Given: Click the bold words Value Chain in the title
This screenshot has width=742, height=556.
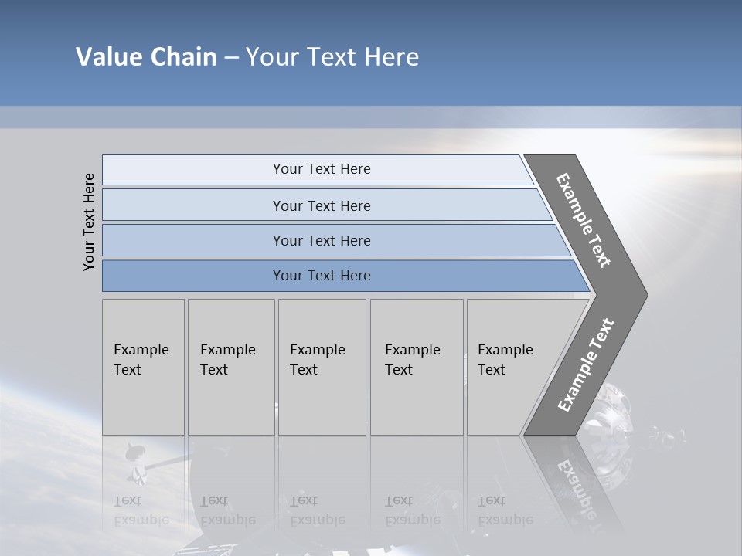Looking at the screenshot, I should [x=146, y=57].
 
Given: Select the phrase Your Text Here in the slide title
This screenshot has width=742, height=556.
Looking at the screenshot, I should [x=332, y=57].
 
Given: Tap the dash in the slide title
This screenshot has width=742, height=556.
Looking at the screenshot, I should [x=231, y=58].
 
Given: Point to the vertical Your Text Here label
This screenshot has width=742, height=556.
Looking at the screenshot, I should [x=89, y=222].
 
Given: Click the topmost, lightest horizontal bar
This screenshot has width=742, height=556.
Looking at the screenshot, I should [x=317, y=169].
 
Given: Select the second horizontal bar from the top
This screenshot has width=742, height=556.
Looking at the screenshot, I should [x=325, y=205].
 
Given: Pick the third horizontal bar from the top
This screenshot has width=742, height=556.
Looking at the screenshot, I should [x=332, y=240].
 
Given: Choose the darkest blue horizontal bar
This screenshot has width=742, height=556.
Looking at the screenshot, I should [x=340, y=276].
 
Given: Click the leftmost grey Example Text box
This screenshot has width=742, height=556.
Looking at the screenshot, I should [x=143, y=367].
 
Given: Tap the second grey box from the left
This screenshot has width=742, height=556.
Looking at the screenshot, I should [x=231, y=367].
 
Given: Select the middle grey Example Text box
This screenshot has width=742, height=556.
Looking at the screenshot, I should [x=322, y=367].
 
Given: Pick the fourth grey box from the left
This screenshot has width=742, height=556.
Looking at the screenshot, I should [x=417, y=367].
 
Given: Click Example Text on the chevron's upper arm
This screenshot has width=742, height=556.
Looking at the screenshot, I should [x=584, y=220].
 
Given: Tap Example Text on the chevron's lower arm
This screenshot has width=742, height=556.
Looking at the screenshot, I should [x=586, y=365].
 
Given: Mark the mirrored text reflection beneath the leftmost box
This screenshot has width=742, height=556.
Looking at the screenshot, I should [x=141, y=510].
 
